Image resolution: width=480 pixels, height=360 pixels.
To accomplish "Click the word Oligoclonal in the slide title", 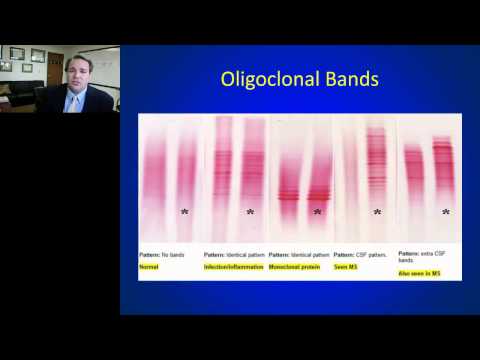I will click(269, 78).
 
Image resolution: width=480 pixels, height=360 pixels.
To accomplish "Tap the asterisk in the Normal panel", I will click(184, 211).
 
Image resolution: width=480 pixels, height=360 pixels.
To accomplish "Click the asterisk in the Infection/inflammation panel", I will click(250, 211).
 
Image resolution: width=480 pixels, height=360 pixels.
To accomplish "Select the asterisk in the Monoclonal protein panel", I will click(317, 211).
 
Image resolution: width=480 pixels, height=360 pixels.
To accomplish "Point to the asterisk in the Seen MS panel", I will click(377, 211).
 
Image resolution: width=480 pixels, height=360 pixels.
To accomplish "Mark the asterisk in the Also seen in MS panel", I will click(445, 211).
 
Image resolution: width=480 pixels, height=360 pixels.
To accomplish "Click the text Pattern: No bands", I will click(163, 255).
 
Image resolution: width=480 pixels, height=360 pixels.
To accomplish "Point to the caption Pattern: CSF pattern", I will click(363, 255).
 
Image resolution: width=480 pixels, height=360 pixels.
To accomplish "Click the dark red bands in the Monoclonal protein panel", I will click(300, 193).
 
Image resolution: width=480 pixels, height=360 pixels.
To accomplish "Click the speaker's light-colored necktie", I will click(72, 103).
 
